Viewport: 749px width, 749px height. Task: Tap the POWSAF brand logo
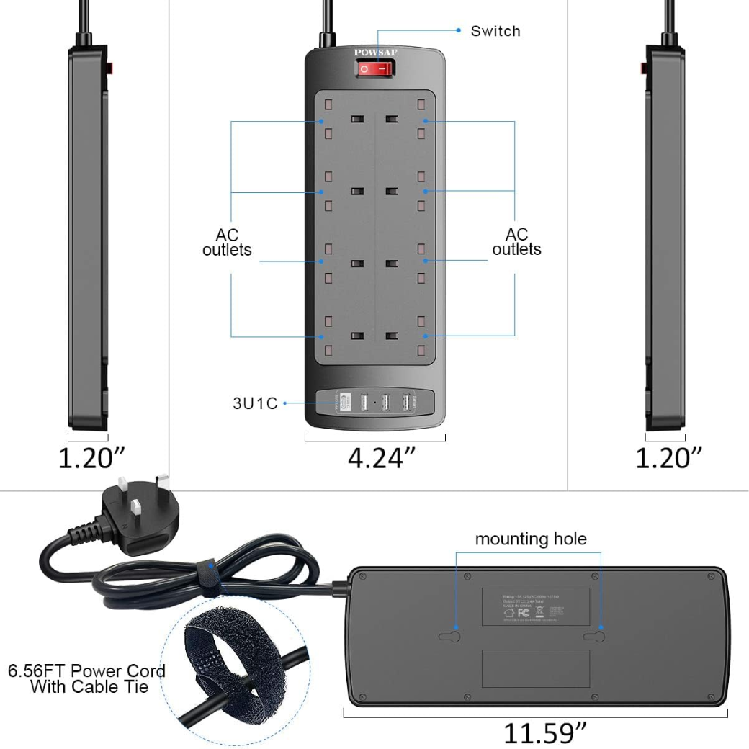(x=374, y=52)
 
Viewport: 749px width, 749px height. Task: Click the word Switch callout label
(x=495, y=31)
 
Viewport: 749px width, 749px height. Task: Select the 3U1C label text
(x=255, y=403)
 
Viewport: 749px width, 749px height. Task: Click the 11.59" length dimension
(x=545, y=732)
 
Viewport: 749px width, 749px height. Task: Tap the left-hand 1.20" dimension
(x=91, y=457)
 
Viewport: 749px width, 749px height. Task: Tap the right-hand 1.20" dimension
(x=668, y=457)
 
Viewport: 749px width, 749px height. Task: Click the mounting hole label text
(x=531, y=539)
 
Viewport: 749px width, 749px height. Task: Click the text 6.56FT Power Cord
(x=87, y=670)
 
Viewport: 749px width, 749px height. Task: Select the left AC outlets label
(x=227, y=243)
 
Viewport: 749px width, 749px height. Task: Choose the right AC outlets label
(x=516, y=242)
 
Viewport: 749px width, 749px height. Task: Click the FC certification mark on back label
(x=524, y=613)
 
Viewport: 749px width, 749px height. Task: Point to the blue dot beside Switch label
(x=458, y=30)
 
